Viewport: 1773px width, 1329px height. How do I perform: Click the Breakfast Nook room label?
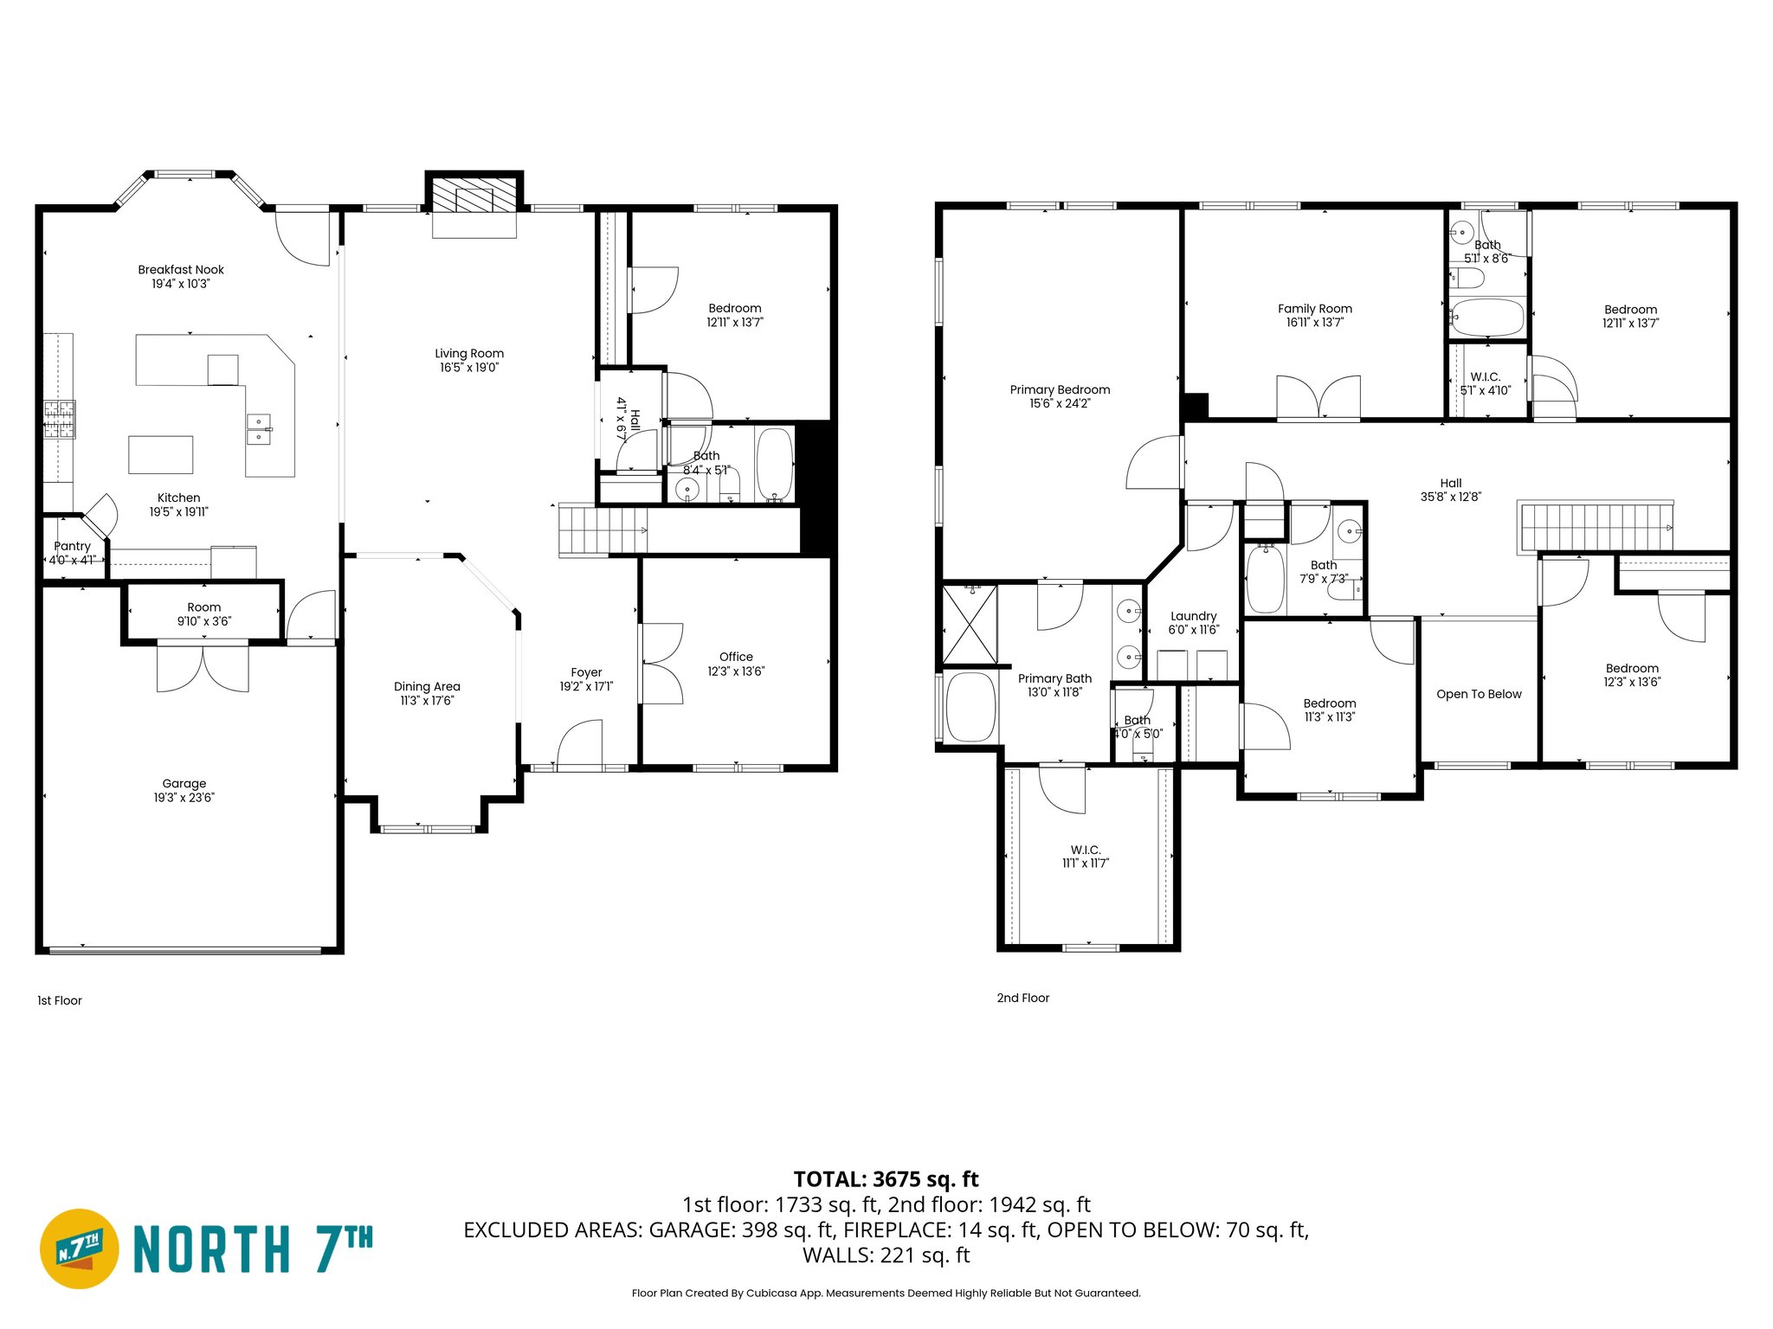[181, 270]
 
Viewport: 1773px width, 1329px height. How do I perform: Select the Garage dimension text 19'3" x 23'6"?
[184, 798]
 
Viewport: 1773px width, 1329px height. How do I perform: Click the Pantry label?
[72, 546]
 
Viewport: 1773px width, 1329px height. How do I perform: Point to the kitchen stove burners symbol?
[60, 420]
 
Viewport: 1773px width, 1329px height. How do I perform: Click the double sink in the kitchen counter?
[259, 429]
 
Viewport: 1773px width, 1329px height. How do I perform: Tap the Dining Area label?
[427, 686]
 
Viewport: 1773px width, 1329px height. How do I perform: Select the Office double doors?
[662, 664]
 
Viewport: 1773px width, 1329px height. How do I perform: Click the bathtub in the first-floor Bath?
[775, 465]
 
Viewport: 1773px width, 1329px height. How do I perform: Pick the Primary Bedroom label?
[1060, 389]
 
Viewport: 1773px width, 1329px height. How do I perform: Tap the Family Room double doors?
[1318, 397]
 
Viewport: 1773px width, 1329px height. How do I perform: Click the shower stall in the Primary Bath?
[970, 624]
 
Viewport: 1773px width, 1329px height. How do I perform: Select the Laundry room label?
[1193, 616]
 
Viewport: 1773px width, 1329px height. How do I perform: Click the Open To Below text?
[1479, 694]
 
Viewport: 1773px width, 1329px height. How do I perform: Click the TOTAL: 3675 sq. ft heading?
[886, 1179]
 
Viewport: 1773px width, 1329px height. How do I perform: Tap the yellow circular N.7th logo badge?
[80, 1249]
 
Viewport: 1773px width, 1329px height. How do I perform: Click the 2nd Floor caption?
[1022, 998]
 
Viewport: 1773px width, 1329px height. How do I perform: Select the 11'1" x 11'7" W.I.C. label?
[1085, 857]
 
